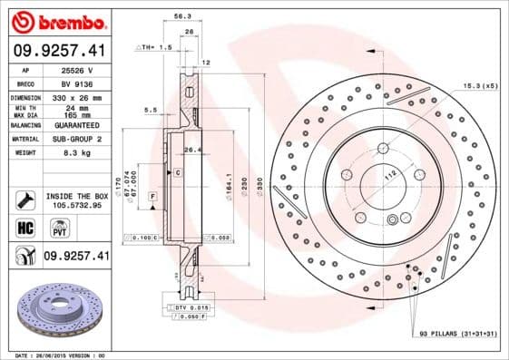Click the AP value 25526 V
coord(73,70)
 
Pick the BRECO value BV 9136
coord(73,82)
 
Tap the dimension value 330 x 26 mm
coord(73,95)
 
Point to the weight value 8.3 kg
coord(73,154)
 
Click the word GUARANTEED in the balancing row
coord(73,125)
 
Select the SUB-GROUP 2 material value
coord(73,140)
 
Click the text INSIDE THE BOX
coord(76,195)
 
